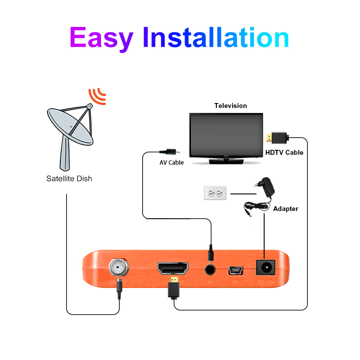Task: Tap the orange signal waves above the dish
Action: (x=97, y=95)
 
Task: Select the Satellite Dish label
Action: (x=69, y=179)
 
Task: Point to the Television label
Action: (x=230, y=106)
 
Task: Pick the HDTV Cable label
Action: (x=284, y=153)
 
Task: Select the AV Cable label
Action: (x=172, y=162)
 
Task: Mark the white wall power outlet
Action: (x=215, y=193)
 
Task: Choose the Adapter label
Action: (x=286, y=209)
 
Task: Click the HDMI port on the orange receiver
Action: (x=173, y=269)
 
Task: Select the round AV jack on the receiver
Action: (x=210, y=270)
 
